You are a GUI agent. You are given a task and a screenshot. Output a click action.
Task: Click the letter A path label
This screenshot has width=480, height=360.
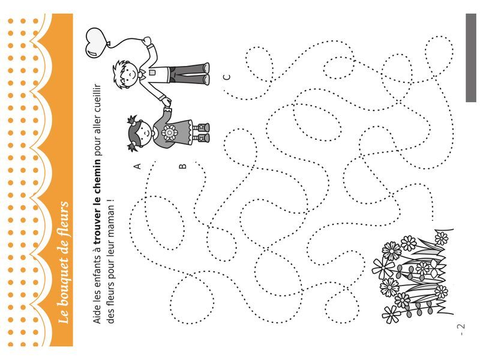pyautogui.click(x=138, y=166)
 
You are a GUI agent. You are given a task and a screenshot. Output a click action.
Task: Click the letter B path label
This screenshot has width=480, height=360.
pyautogui.click(x=182, y=166)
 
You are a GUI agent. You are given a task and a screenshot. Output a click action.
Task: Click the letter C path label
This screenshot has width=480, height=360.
pyautogui.click(x=227, y=77)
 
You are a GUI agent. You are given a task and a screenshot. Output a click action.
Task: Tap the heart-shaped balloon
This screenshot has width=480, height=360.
pyautogui.click(x=96, y=43)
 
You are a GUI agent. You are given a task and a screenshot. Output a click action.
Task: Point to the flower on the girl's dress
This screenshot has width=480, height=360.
pyautogui.click(x=169, y=133)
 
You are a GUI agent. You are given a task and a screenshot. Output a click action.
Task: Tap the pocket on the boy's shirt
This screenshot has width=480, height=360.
pyautogui.click(x=152, y=73)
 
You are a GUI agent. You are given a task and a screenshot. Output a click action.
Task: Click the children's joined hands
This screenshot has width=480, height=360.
pyautogui.click(x=167, y=102)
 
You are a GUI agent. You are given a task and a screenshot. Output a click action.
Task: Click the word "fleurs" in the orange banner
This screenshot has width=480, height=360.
pyautogui.click(x=63, y=214)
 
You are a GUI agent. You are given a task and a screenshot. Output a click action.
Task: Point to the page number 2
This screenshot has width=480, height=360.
pyautogui.click(x=461, y=326)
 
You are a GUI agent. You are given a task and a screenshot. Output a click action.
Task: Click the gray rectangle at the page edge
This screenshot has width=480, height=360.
pyautogui.click(x=471, y=58)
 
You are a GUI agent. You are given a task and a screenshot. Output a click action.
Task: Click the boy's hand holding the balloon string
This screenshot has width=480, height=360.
pyautogui.click(x=147, y=41)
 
